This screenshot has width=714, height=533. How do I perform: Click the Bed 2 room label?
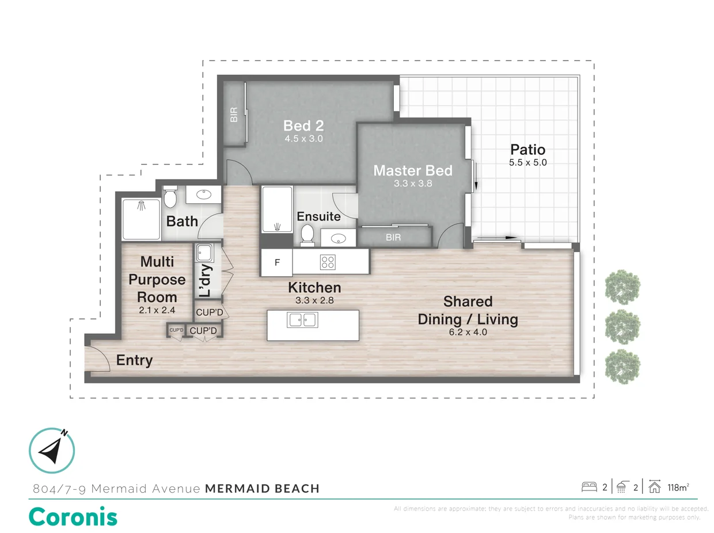(303, 125)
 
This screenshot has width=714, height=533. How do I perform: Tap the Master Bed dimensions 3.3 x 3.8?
(412, 184)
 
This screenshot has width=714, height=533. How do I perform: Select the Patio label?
(527, 150)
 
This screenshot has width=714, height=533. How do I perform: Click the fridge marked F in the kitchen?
(277, 262)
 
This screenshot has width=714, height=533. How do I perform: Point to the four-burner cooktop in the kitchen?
(328, 262)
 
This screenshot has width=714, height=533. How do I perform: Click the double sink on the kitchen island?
(302, 319)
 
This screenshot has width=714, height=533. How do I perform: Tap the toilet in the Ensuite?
(307, 234)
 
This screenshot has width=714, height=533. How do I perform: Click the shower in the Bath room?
(141, 219)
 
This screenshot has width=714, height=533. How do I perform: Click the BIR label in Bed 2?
(234, 115)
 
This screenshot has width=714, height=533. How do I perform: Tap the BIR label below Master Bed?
(393, 237)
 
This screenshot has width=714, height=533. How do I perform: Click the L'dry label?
(206, 280)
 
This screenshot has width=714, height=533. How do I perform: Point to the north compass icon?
(52, 451)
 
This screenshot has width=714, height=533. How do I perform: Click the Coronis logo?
(73, 516)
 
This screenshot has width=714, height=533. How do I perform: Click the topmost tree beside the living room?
(622, 285)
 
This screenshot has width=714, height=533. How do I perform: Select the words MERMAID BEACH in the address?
(262, 489)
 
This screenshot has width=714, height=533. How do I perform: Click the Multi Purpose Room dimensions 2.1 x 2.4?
(157, 310)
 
